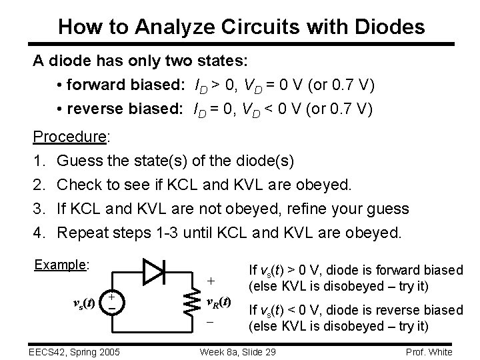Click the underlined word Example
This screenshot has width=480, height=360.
click(x=61, y=265)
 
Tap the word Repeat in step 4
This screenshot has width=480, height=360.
click(x=83, y=233)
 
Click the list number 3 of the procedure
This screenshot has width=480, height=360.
click(x=37, y=209)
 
